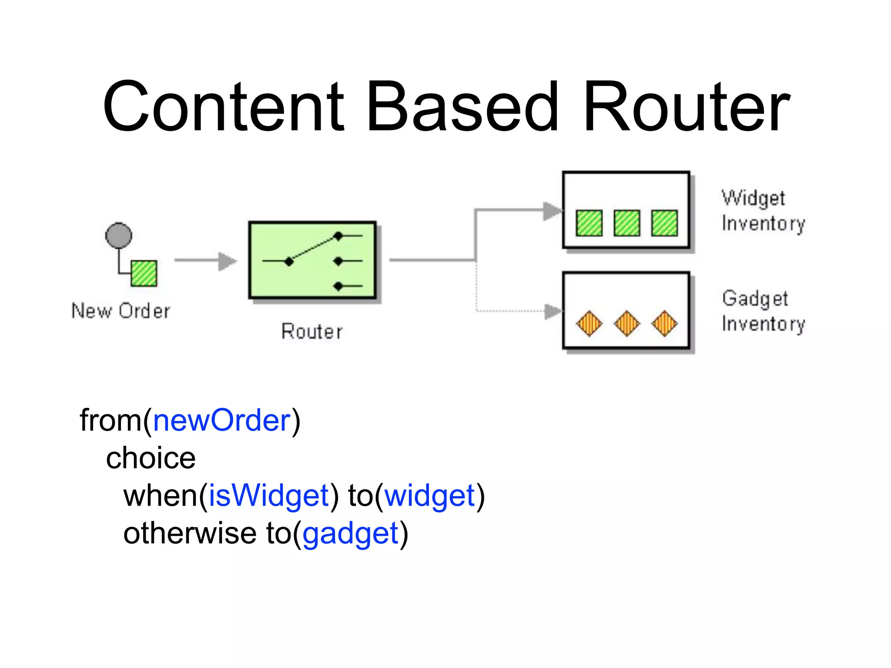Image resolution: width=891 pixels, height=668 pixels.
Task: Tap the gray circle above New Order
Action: point(118,235)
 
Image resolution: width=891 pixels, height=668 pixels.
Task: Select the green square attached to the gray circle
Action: point(144,273)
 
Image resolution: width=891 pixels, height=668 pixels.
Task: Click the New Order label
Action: point(121,311)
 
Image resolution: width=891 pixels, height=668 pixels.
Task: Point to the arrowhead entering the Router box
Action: point(227,261)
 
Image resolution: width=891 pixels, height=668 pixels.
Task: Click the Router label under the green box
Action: point(312,332)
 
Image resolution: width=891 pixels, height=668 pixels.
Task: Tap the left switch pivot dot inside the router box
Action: point(289,261)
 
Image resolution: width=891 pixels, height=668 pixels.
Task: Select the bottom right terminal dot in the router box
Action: point(338,286)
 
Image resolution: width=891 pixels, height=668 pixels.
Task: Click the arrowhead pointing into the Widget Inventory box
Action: point(552,211)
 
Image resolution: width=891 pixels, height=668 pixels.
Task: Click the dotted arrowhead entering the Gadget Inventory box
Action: point(553,311)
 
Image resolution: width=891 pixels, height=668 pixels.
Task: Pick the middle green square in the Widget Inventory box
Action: point(626,223)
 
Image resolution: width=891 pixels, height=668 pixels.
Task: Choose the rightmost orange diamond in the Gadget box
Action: point(664,324)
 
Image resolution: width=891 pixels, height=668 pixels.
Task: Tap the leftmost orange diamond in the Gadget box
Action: point(589,324)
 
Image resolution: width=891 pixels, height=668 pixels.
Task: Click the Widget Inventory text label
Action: point(763,211)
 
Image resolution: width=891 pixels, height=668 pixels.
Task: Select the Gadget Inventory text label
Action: point(763,311)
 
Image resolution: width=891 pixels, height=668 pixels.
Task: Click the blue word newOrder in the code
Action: point(222,421)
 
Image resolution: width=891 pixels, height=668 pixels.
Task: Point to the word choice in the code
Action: point(151,458)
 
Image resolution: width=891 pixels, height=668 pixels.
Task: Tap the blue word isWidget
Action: point(269,496)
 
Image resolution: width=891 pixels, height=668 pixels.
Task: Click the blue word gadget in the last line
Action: point(351,534)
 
